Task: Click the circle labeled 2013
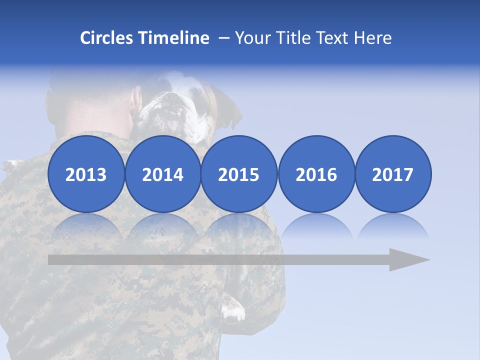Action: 86,174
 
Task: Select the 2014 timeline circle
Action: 162,174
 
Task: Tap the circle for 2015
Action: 239,174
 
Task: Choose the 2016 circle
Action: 316,174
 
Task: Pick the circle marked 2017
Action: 392,174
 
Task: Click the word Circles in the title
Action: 107,38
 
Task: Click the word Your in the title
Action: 250,38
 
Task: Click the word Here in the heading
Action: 372,38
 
